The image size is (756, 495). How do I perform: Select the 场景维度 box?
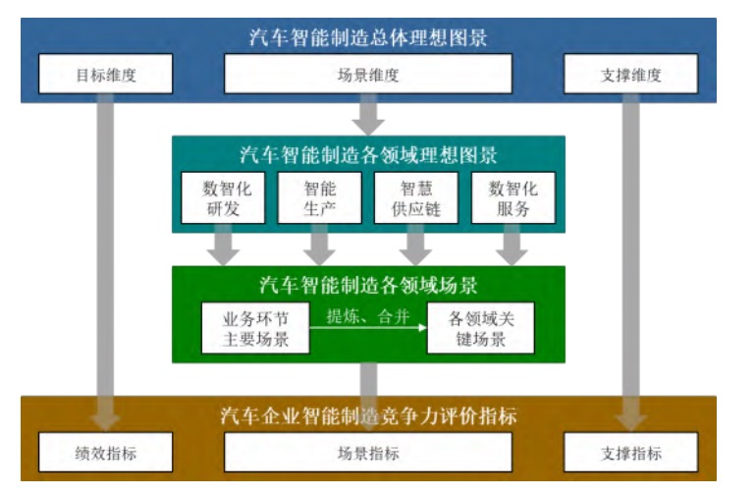click(x=368, y=74)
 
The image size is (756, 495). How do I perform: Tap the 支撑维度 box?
click(x=631, y=74)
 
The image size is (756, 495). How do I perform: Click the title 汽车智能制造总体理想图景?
click(x=368, y=38)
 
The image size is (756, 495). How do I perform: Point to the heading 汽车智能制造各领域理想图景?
click(x=368, y=155)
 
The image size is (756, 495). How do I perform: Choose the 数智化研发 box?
click(x=227, y=197)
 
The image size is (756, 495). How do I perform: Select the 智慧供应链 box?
click(x=416, y=197)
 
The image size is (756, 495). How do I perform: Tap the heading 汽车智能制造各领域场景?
click(x=368, y=286)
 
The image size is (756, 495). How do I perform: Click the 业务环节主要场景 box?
click(x=254, y=328)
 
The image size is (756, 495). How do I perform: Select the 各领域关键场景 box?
click(x=479, y=328)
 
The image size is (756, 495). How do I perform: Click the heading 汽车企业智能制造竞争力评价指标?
click(x=368, y=415)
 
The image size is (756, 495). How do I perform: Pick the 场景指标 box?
click(x=368, y=454)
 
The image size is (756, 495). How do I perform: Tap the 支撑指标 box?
click(x=631, y=454)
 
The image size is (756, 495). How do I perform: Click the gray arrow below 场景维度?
click(x=368, y=115)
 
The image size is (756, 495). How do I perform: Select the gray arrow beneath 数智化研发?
click(x=227, y=246)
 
